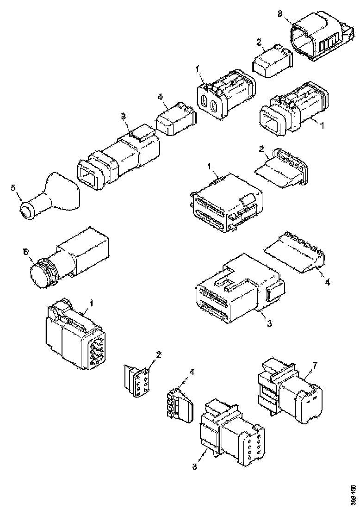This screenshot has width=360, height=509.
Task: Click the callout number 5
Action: click(x=13, y=187)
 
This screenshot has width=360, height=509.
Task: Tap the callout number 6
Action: click(x=26, y=251)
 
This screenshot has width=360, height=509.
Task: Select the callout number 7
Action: click(x=314, y=366)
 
